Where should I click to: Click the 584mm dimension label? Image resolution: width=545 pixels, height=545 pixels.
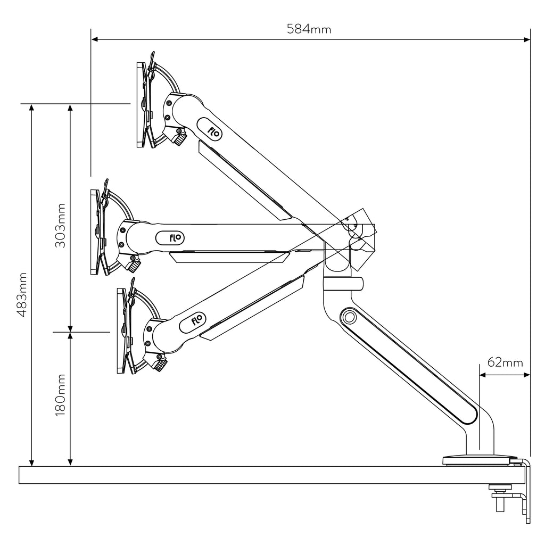(309, 29)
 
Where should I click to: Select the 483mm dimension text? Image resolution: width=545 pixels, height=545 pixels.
(22, 295)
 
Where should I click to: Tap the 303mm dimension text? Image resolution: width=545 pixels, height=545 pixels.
(60, 225)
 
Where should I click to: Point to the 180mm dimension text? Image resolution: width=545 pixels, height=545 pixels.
(60, 395)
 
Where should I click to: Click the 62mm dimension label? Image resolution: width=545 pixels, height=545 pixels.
(505, 362)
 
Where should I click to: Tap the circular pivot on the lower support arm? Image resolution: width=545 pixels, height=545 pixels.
(349, 317)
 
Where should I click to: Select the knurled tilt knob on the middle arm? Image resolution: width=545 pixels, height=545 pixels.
(134, 267)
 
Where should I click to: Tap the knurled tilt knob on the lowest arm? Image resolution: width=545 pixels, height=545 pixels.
(160, 365)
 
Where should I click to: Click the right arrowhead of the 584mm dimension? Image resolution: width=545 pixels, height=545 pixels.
(527, 39)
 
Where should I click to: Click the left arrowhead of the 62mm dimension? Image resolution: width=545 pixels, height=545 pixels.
(483, 375)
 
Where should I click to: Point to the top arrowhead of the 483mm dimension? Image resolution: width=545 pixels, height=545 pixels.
(31, 108)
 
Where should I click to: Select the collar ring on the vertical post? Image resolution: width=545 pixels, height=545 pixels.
(343, 284)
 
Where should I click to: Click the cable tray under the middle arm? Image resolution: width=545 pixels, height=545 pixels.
(229, 257)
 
